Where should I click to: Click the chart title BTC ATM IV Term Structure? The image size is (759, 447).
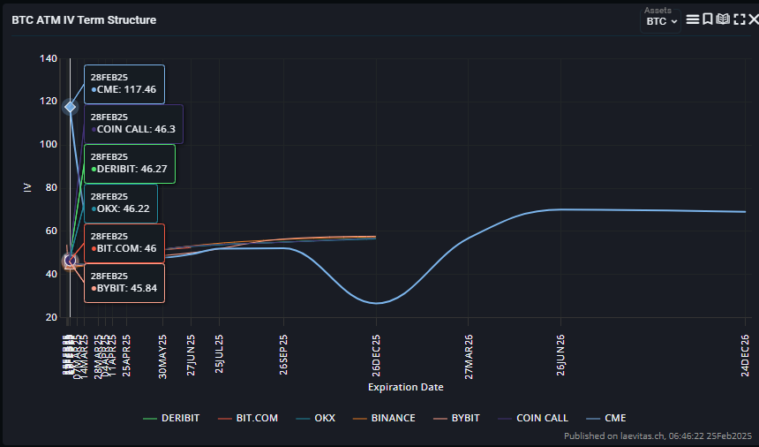coord(84,19)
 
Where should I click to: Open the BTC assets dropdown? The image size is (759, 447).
coord(661,21)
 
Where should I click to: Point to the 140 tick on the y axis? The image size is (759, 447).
coord(49,59)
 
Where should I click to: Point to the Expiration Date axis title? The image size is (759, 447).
coord(405,387)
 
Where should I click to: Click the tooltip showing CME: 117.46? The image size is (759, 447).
coord(124,84)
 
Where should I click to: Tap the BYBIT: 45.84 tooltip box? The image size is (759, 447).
coord(124,283)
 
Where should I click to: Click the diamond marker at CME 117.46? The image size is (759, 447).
coord(71,107)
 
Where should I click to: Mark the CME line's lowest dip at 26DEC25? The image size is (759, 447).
coord(377,303)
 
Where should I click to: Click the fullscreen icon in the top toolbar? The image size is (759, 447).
coord(740,19)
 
